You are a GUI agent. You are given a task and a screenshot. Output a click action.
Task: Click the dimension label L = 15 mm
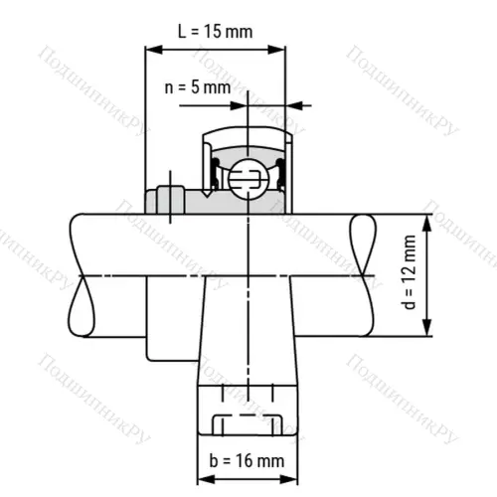215,31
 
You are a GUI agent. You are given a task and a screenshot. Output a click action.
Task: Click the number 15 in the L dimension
211,31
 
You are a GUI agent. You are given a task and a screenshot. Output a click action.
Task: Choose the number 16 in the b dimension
241,460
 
